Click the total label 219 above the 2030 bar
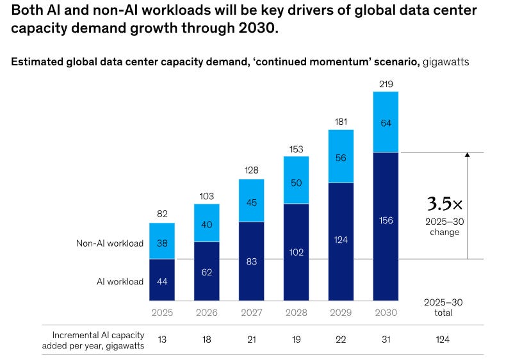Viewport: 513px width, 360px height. click(x=386, y=83)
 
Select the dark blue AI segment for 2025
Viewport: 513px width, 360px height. click(x=162, y=280)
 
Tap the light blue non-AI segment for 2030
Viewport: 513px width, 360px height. click(x=386, y=122)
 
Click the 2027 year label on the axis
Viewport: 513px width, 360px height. click(x=252, y=313)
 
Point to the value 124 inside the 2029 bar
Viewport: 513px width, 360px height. click(x=341, y=241)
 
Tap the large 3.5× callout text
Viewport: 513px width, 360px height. click(x=444, y=205)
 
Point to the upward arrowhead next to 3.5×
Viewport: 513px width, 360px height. click(x=468, y=155)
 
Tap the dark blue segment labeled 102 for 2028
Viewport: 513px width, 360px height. click(x=296, y=252)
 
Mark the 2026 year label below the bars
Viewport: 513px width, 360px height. click(x=207, y=313)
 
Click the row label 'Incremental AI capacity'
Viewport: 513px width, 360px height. click(x=97, y=334)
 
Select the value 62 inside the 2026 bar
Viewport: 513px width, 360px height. click(x=207, y=272)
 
